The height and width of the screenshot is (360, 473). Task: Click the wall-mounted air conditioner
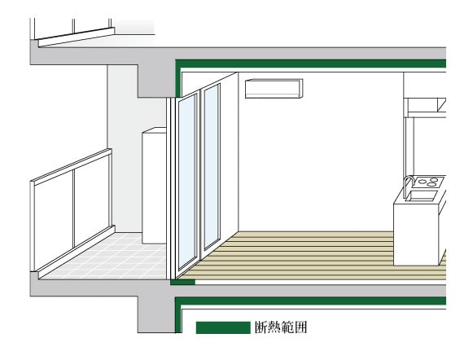274,89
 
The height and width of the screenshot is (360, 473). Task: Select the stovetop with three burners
428,182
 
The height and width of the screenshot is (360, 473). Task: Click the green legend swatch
223,327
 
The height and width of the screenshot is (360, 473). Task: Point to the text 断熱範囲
281,327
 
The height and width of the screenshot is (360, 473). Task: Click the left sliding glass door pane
187,181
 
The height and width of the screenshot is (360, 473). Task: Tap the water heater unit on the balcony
154,186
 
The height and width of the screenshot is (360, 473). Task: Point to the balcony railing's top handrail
72,166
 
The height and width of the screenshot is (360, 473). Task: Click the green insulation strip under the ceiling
311,64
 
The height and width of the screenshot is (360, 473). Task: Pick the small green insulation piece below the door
183,282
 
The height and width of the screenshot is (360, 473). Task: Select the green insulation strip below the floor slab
311,301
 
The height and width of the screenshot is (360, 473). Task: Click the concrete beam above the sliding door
157,81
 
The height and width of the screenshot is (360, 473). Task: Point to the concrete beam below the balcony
156,314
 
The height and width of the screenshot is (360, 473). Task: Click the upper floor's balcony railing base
77,37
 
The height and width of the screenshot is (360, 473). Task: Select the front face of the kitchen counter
416,235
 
